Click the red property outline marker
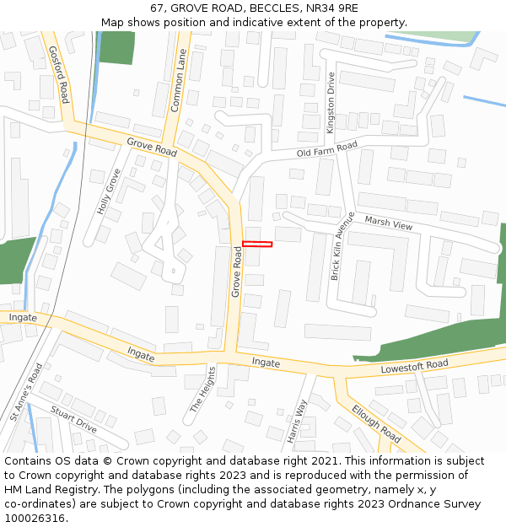coord(257,245)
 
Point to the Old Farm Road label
coord(328,150)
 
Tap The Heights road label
coord(202,390)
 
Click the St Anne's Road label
coord(25,393)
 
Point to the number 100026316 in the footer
coord(35,518)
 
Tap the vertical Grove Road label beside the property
coord(237,272)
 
